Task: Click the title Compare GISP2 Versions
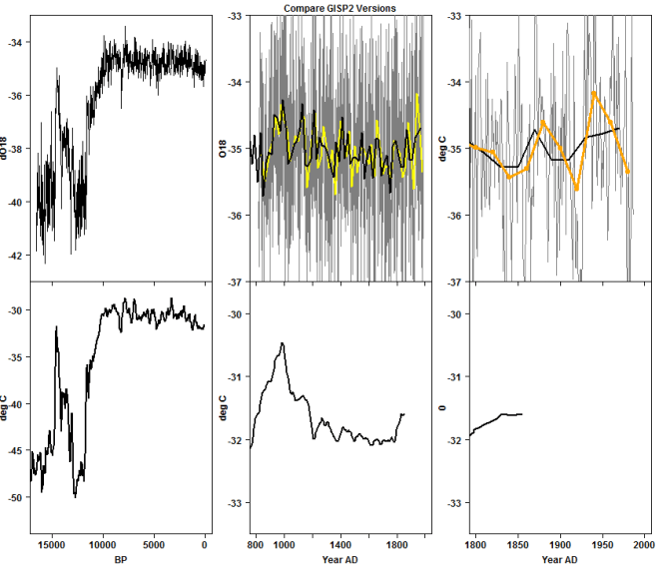[x=339, y=7]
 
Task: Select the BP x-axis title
[x=120, y=559]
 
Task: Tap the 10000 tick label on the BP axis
[x=102, y=545]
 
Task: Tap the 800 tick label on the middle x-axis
[x=257, y=546]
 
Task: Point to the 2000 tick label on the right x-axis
[x=643, y=546]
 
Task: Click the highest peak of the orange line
[x=594, y=93]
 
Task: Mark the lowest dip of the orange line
[x=577, y=189]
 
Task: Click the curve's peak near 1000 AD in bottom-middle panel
[x=284, y=343]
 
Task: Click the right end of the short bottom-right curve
[x=521, y=413]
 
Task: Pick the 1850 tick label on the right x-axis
[x=517, y=546]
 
